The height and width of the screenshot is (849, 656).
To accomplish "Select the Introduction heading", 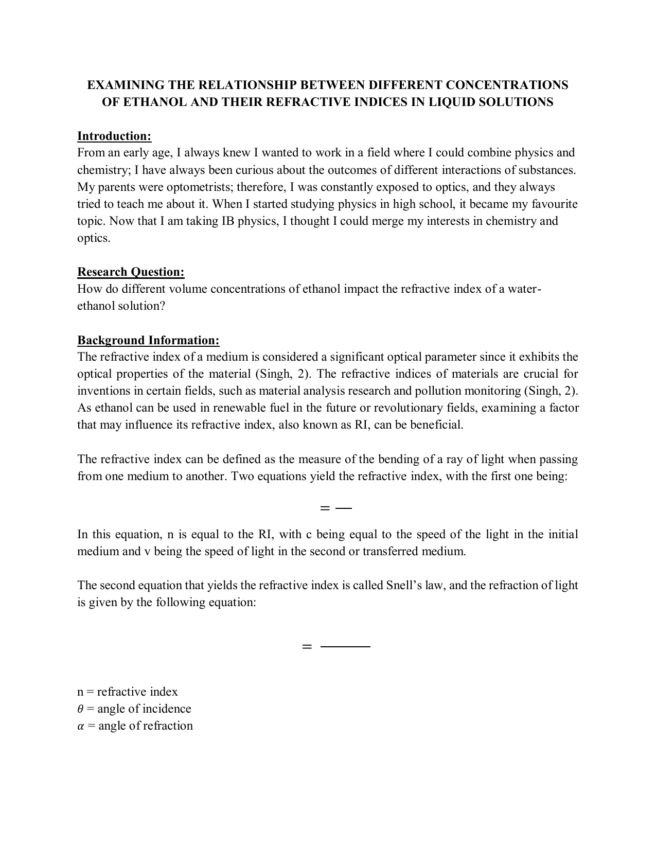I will click(114, 136).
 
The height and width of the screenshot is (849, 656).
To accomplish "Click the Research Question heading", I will click(131, 272).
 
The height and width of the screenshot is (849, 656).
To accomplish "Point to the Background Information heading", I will click(148, 340).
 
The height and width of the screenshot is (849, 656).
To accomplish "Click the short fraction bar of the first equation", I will click(343, 508).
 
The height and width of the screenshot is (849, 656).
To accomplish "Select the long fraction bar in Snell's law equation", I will click(345, 646).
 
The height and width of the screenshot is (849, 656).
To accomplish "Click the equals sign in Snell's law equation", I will click(307, 647).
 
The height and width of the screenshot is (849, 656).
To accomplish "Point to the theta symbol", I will click(80, 709).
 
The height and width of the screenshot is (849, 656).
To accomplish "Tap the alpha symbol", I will click(80, 726).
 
